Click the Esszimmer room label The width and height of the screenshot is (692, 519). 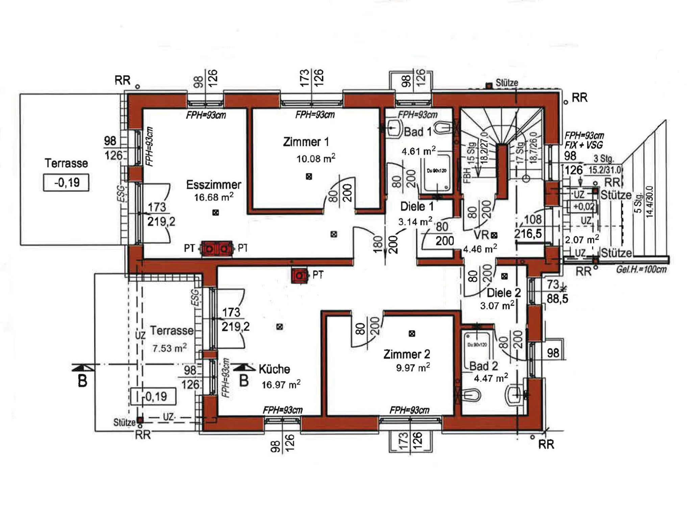click(214, 185)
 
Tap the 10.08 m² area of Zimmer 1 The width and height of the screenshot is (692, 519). click(316, 158)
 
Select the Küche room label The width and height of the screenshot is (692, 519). click(274, 369)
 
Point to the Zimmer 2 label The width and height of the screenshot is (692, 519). click(406, 354)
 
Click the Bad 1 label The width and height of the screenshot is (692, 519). click(418, 132)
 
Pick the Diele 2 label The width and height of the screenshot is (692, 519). click(503, 293)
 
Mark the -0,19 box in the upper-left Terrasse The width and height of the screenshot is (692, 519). click(66, 183)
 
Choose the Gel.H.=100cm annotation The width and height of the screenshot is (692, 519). click(641, 270)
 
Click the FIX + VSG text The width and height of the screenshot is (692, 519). click(584, 146)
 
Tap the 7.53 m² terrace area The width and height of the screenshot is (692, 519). click(169, 348)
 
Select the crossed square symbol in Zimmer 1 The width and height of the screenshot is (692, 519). click(308, 176)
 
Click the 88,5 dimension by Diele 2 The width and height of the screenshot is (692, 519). click(557, 299)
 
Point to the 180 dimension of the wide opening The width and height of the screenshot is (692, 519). click(378, 243)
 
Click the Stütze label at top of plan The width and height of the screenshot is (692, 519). click(506, 83)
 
